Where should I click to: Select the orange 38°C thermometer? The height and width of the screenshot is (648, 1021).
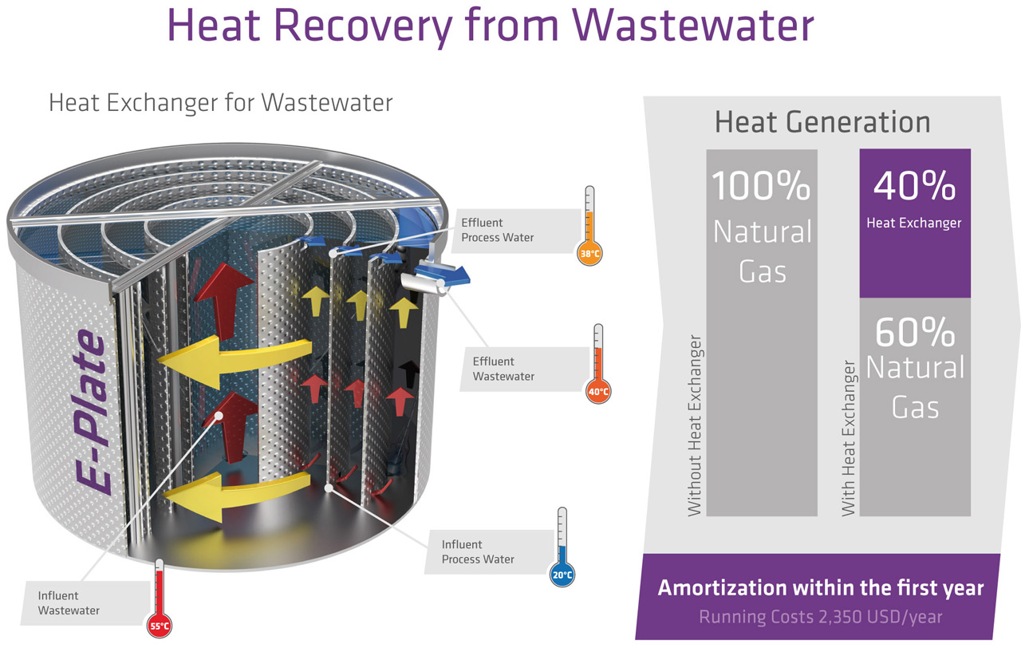tap(589, 227)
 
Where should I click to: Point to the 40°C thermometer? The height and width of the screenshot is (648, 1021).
tap(598, 364)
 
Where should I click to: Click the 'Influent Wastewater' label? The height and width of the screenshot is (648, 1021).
tap(69, 603)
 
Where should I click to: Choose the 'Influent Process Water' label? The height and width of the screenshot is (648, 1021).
tap(478, 551)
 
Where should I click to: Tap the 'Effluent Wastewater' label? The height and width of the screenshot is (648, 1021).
tap(503, 369)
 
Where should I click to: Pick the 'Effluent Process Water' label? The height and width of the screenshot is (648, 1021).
tap(497, 230)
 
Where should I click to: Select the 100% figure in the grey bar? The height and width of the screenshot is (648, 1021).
tap(761, 185)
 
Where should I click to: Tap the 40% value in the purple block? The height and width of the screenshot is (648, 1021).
tap(914, 186)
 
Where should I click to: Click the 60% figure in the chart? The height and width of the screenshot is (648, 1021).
tap(915, 331)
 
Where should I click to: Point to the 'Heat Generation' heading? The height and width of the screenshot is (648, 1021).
tap(822, 122)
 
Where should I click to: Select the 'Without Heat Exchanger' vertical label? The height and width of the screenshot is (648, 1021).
tap(695, 430)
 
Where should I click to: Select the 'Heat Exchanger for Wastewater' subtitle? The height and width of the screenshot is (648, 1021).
tap(221, 103)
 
